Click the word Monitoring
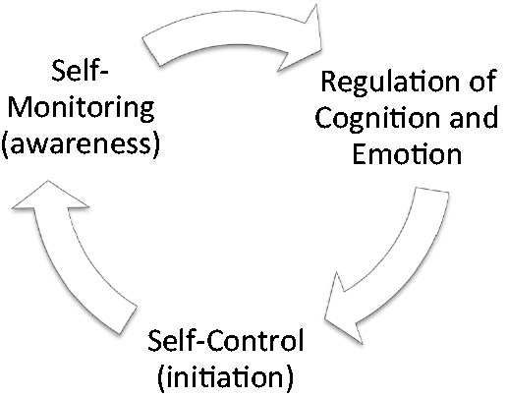click(81, 108)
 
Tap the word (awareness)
click(81, 144)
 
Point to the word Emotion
click(407, 154)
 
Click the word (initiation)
click(226, 377)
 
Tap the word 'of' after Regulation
click(483, 81)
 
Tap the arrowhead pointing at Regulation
click(302, 37)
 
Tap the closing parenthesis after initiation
click(290, 377)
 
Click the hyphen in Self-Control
click(200, 343)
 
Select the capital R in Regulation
click(329, 81)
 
